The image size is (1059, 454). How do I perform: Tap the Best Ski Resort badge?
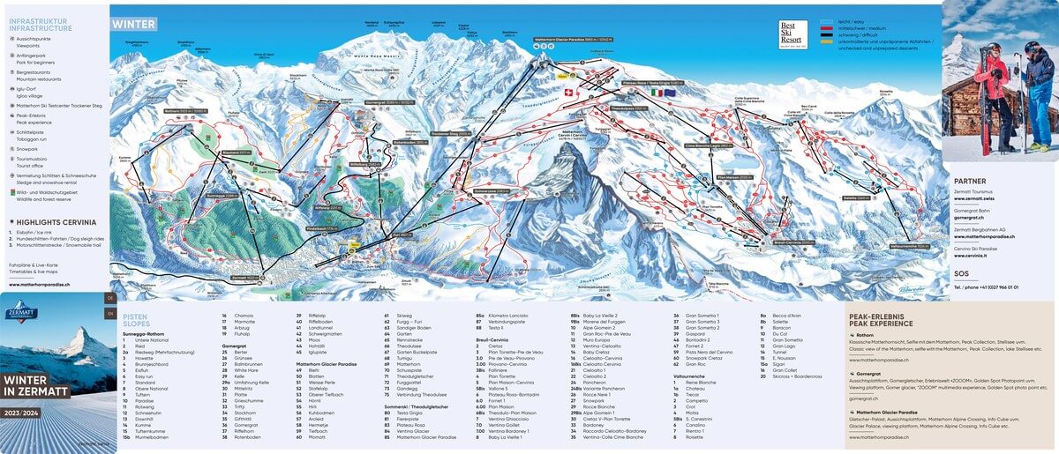(792, 33)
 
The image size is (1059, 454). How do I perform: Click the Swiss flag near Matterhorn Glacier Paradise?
(568, 92)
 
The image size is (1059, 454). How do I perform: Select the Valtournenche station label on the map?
(910, 247)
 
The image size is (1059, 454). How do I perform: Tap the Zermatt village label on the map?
(247, 276)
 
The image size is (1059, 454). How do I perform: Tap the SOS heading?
(961, 273)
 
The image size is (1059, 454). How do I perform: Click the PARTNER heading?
(970, 181)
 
